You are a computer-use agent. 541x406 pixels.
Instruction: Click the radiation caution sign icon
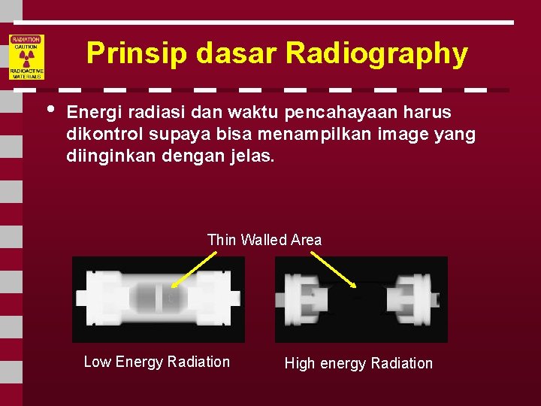[x=26, y=56]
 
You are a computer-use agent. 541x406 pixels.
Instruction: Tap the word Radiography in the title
[x=376, y=53]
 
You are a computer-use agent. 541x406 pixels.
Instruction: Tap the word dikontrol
[x=104, y=135]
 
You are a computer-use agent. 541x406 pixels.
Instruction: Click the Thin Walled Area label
[x=264, y=240]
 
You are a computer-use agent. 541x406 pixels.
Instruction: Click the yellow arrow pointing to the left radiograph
[x=191, y=269]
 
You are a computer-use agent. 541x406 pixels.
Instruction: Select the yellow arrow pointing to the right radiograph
[x=333, y=268]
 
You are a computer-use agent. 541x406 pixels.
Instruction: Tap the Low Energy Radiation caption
[x=157, y=362]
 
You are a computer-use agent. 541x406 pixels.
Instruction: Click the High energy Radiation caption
[x=358, y=363]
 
